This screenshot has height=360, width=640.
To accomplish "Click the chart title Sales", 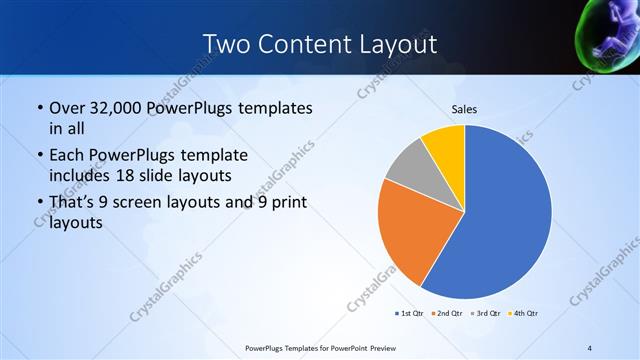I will (464, 109).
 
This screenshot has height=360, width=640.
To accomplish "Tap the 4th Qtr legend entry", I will (523, 314).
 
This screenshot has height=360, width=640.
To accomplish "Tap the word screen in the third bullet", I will (153, 203).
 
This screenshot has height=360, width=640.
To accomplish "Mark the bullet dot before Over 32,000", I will (39, 107).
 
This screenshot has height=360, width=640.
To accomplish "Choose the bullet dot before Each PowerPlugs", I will (39, 156).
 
